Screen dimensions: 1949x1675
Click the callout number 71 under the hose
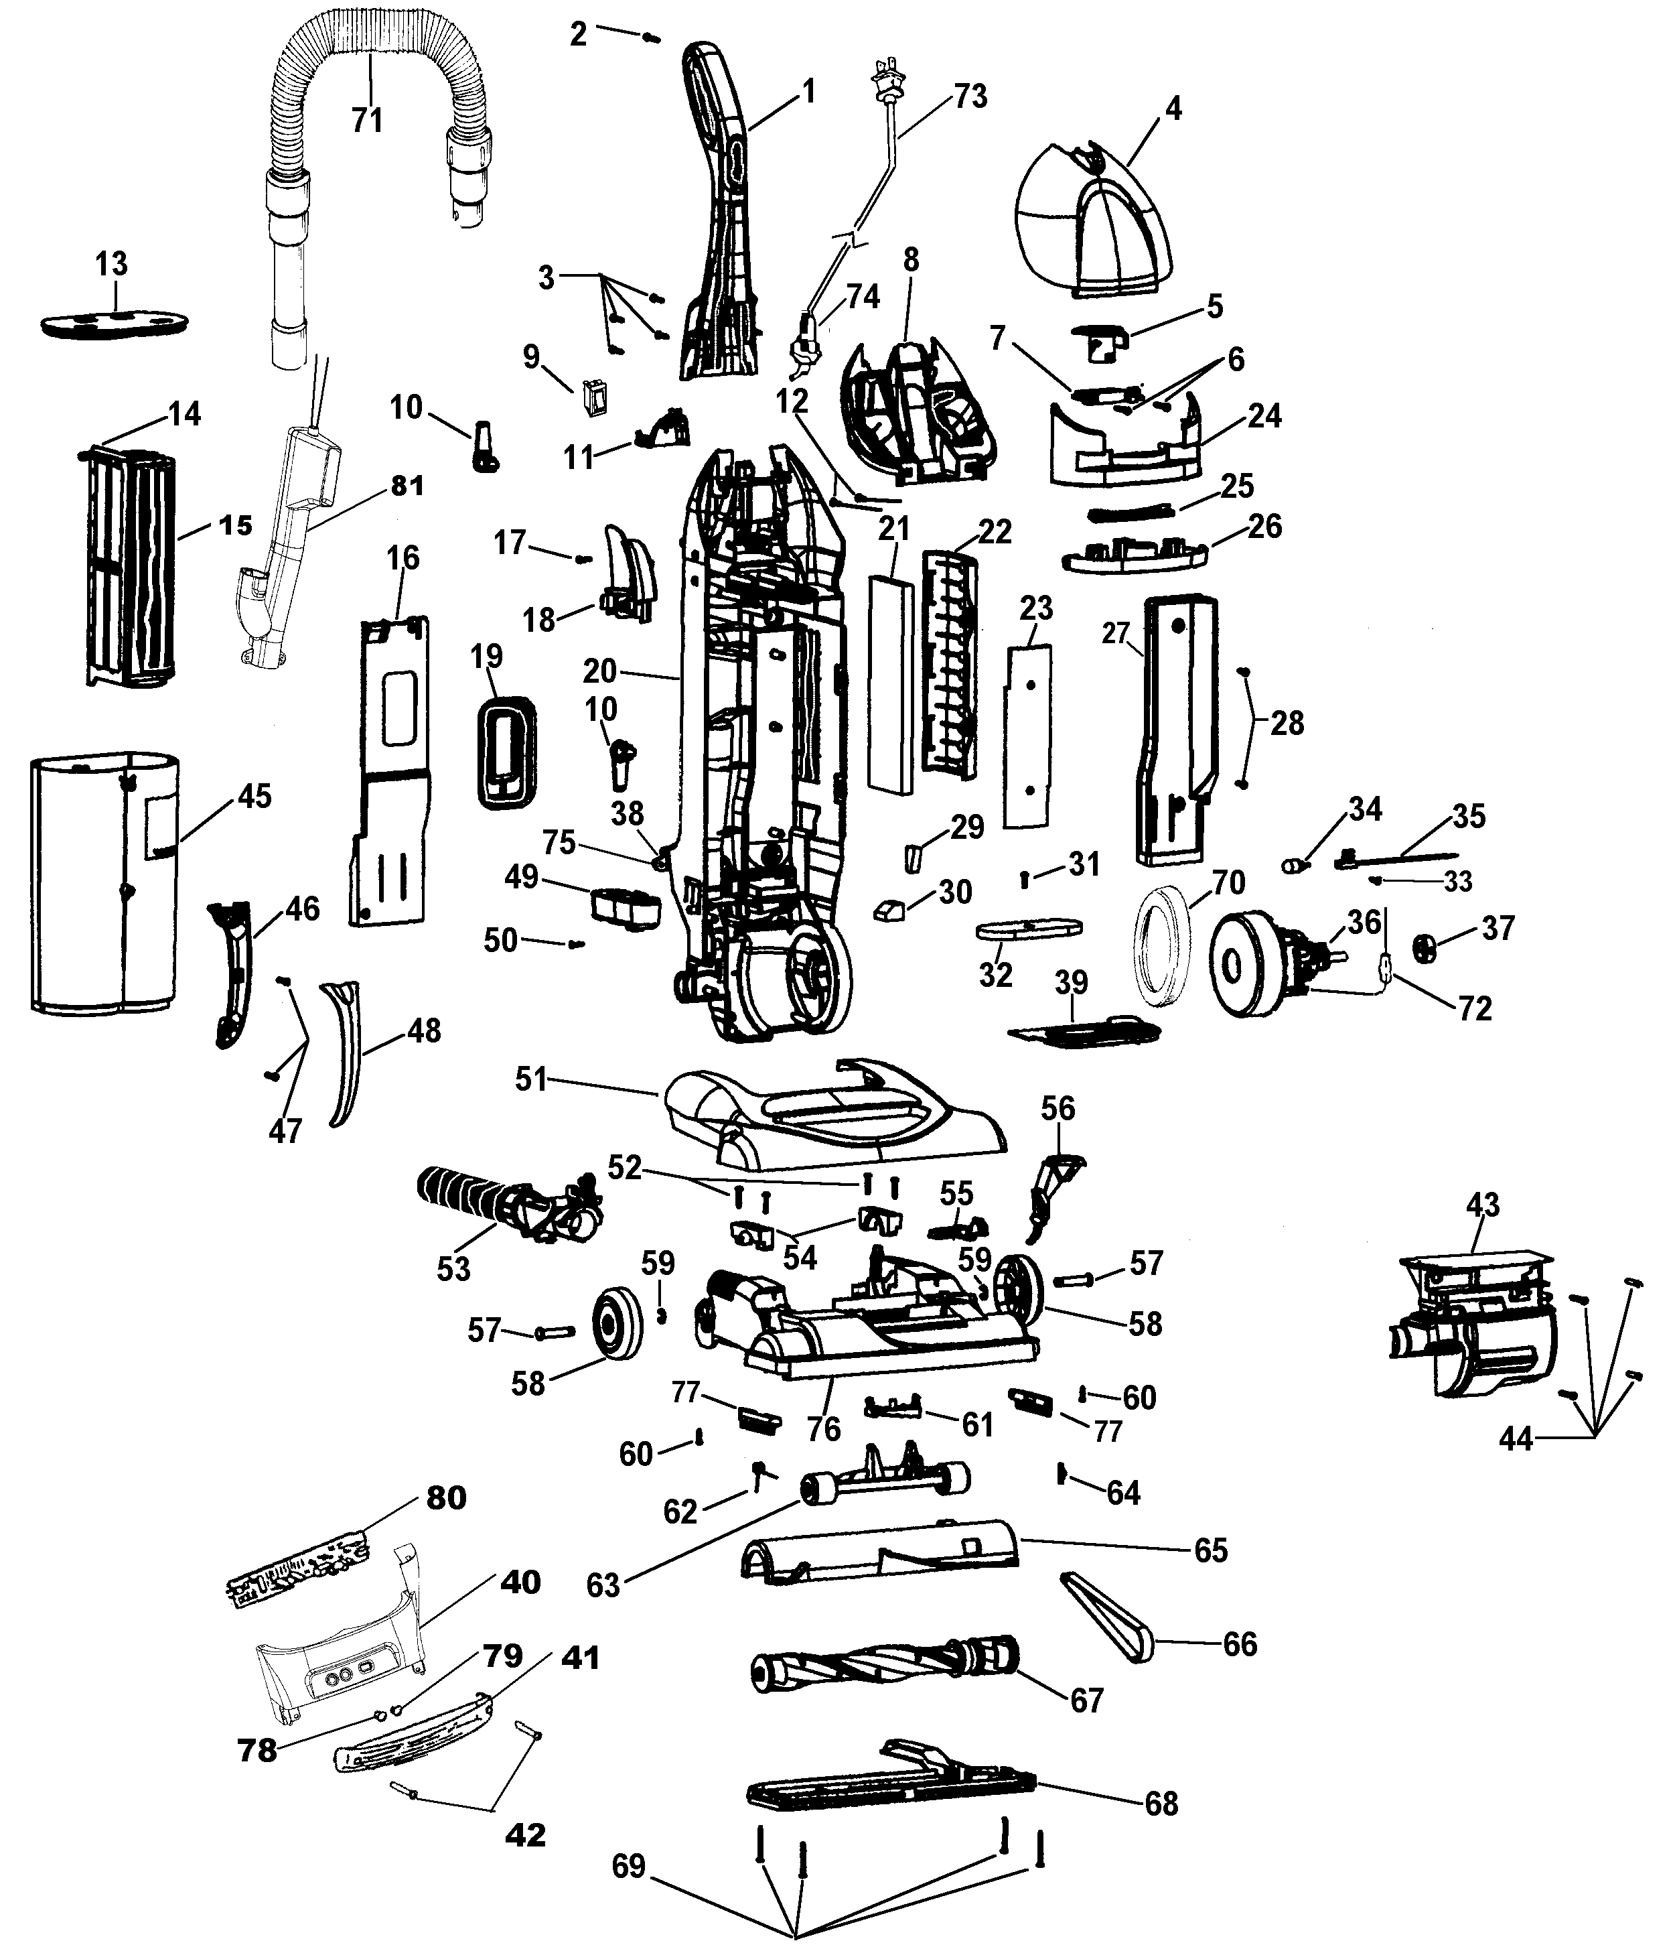[367, 121]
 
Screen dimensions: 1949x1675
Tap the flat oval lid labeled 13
[115, 323]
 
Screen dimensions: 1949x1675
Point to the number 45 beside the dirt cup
[254, 797]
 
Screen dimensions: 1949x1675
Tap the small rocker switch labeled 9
[593, 396]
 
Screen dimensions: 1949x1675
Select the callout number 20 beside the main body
[599, 671]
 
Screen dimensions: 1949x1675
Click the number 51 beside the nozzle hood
[531, 1079]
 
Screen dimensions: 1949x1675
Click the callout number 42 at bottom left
[525, 1835]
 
